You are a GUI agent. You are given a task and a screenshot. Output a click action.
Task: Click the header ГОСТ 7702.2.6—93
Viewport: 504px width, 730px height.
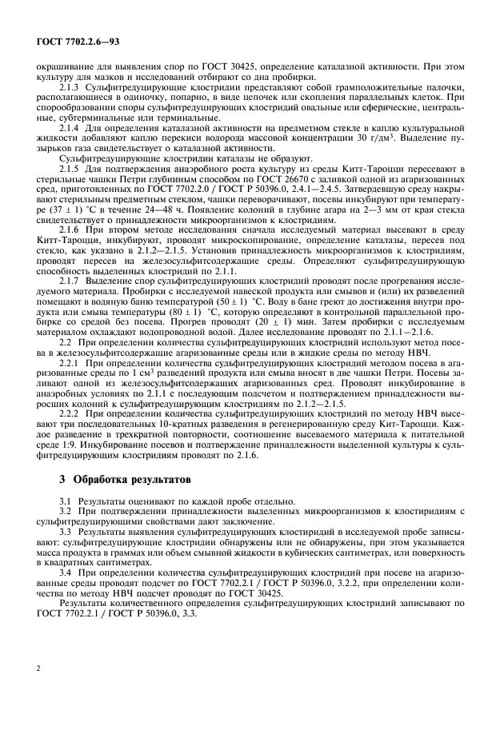click(71, 41)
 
